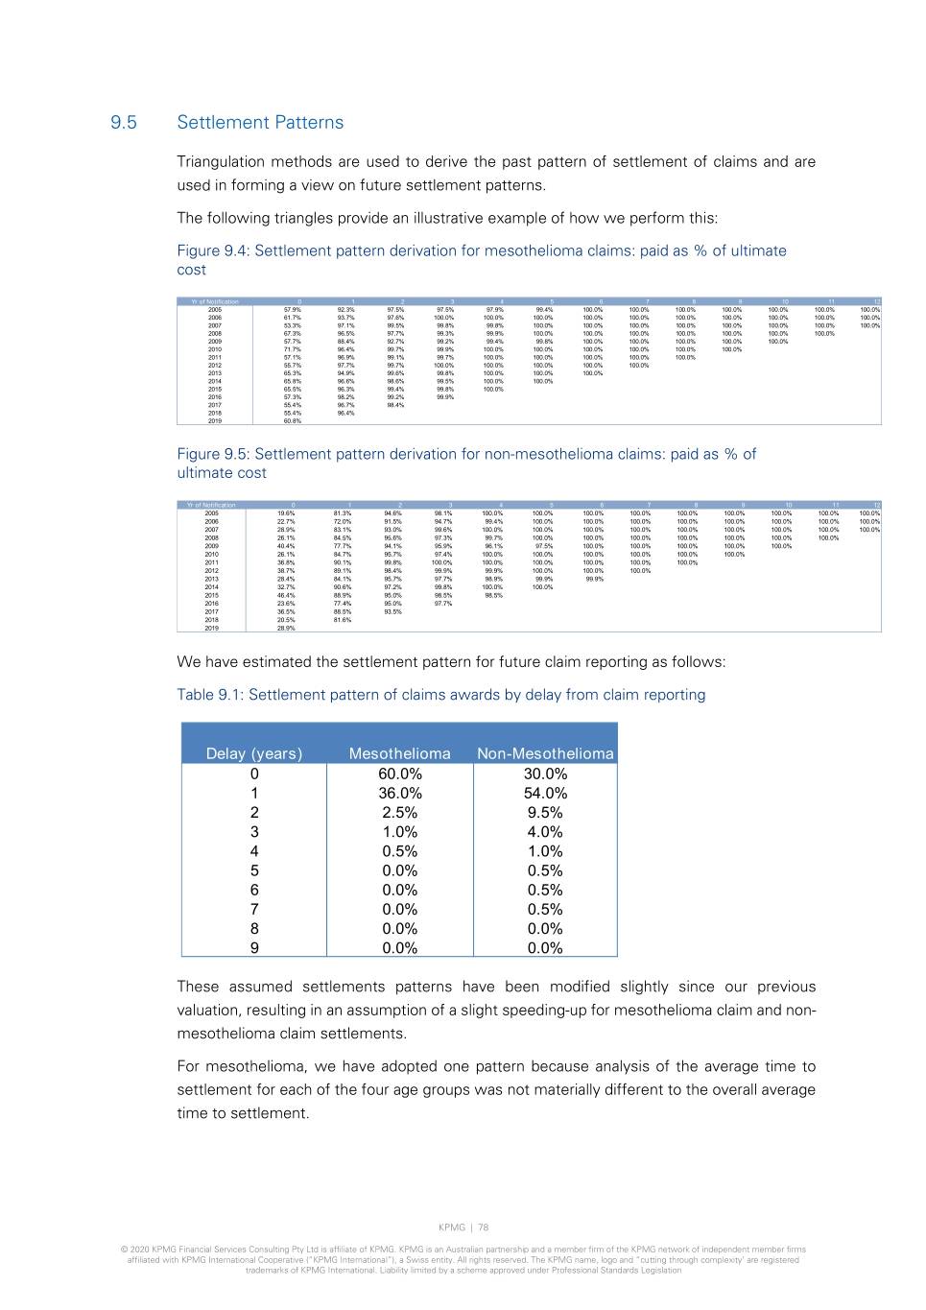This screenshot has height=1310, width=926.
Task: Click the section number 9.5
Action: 123,123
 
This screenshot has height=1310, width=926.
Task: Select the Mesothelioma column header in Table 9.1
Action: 399,753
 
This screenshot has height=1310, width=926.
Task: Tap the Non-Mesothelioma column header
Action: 545,753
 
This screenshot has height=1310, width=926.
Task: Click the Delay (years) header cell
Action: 254,753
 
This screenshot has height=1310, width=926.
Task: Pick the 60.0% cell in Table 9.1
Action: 399,774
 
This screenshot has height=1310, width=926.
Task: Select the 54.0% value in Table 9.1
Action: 545,793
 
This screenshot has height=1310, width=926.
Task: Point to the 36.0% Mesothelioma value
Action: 399,793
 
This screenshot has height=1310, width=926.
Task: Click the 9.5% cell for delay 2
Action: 545,812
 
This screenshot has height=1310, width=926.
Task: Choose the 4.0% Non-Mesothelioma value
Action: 545,832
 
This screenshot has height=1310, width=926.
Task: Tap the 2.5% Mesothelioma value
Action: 399,812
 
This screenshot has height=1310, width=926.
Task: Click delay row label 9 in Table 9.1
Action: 254,948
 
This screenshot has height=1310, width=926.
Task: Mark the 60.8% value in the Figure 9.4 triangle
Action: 293,421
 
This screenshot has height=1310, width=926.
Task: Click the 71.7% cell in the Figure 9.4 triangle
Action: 293,349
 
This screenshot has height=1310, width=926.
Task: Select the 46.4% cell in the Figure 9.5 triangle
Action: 286,595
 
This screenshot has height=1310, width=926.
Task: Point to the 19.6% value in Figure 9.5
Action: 286,513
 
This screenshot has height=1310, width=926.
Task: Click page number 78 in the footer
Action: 484,1227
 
